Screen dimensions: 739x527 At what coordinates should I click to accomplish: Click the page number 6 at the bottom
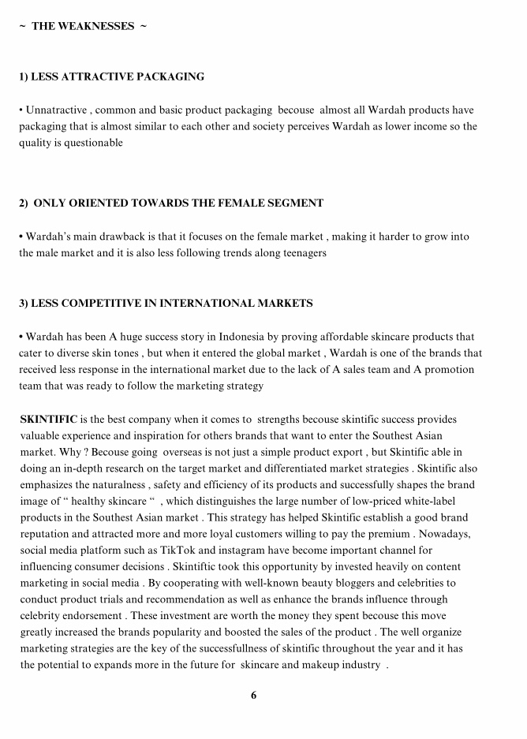[x=253, y=695]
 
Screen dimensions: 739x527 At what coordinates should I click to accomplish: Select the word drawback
[x=133, y=237]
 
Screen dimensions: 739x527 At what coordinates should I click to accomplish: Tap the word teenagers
[x=300, y=253]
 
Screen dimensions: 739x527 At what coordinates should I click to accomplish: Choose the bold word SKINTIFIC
[x=47, y=420]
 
